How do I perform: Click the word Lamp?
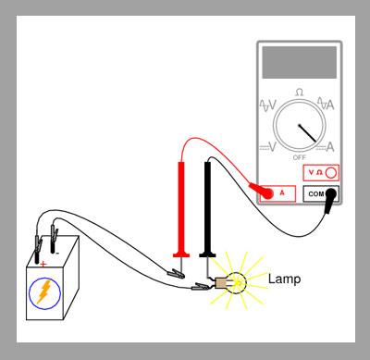(284, 279)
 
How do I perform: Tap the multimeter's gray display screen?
(299, 63)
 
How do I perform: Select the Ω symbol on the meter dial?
(299, 93)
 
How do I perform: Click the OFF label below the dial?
(300, 157)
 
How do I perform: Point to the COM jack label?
(316, 194)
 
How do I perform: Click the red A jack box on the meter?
(277, 193)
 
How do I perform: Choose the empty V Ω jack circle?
(331, 173)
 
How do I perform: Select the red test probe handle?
(181, 209)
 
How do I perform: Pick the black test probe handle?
(207, 209)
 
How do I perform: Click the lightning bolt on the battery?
(44, 292)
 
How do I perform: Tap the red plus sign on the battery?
(43, 264)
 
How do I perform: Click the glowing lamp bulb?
(237, 283)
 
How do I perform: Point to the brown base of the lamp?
(221, 283)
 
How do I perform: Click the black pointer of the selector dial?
(308, 133)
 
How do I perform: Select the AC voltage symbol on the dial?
(268, 106)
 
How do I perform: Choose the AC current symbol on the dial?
(326, 104)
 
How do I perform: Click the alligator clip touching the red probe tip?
(176, 274)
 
